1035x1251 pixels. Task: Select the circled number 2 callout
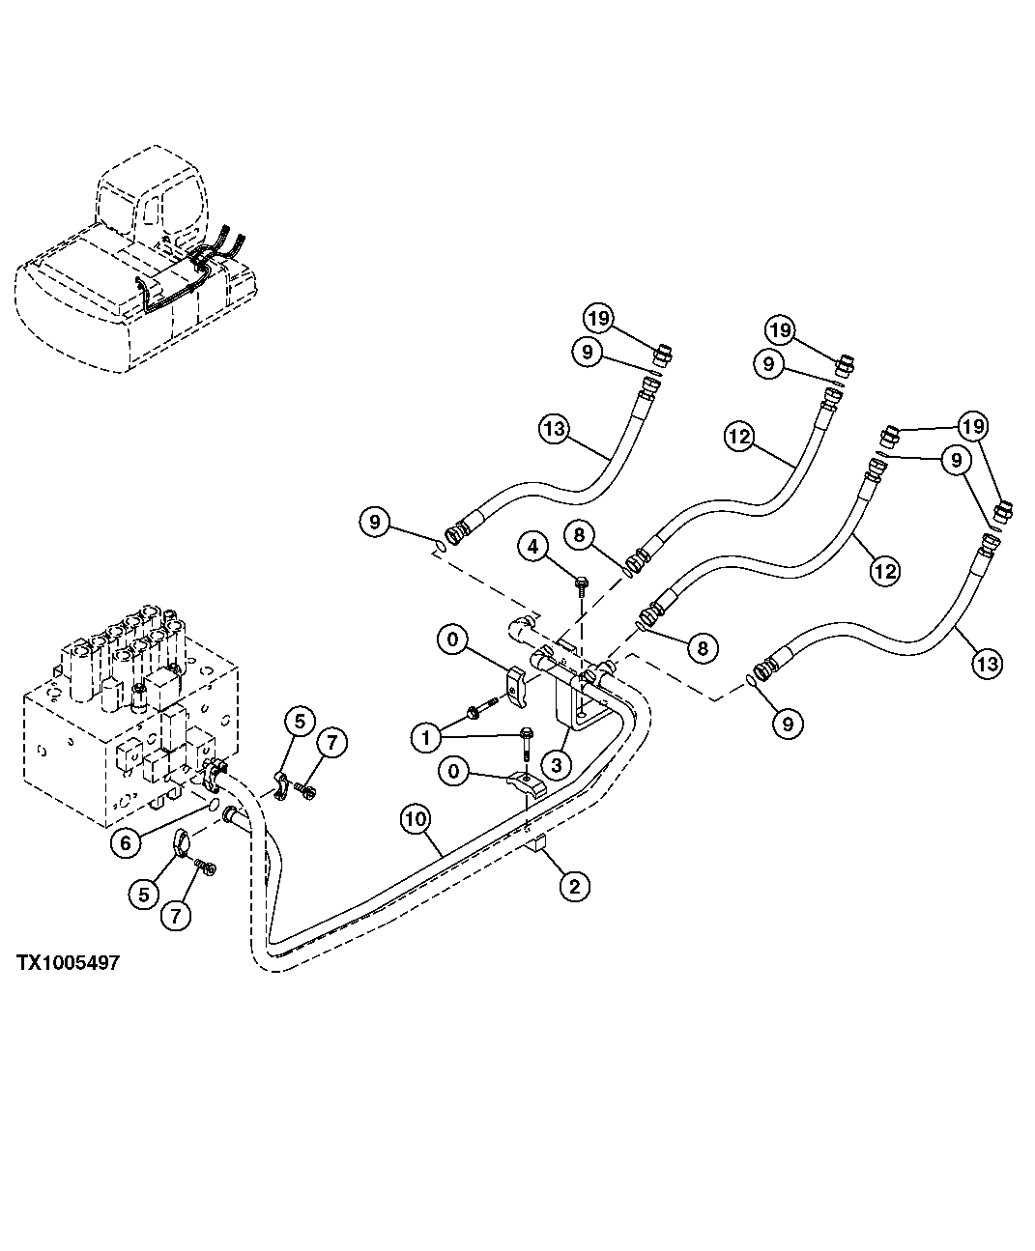574,886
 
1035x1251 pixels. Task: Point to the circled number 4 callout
532,548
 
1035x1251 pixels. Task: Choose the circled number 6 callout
125,842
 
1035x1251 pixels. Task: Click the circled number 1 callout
425,739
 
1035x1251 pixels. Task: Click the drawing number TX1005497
68,963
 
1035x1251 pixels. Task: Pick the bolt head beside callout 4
580,583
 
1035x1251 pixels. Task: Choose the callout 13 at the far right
988,664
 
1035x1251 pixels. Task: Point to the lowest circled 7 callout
175,914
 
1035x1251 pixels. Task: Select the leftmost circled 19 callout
598,318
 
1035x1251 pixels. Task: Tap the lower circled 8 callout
703,647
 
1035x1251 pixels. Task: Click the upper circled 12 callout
739,437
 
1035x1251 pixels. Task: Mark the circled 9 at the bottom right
788,723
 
